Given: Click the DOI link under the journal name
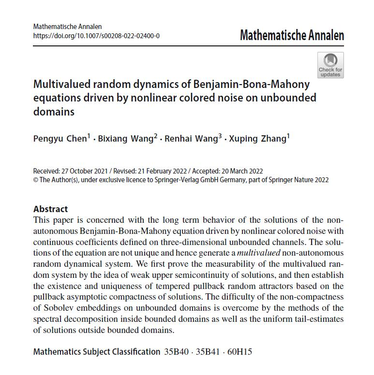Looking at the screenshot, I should click(96, 36).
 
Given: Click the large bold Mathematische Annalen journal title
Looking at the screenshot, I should click(292, 35).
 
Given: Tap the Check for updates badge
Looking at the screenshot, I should click(330, 65).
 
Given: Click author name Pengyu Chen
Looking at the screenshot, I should click(60, 139).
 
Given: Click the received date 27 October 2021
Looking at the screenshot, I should click(86, 171).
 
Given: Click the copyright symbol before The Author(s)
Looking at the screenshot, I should click(35, 180).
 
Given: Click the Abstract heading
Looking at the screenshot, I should click(51, 209).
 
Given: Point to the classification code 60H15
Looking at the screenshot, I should click(240, 352).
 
